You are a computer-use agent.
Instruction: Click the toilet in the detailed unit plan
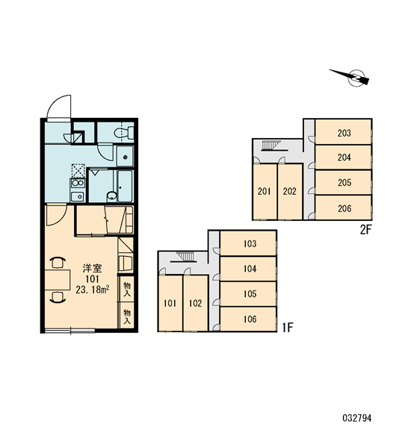pos(124,133)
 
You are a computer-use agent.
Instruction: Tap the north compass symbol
pos(351,77)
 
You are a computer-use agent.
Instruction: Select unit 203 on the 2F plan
pos(343,132)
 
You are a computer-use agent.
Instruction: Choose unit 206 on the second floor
pos(343,208)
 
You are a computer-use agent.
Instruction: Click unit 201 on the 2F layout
pos(265,191)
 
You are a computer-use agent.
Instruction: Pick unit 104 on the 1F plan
pos(248,269)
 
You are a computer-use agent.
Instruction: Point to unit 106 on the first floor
pos(248,319)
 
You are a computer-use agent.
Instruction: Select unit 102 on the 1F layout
pos(196,303)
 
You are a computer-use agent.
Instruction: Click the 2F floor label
pos(365,230)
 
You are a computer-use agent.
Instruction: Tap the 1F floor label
pos(288,328)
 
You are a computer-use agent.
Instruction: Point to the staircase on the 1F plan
pos(185,257)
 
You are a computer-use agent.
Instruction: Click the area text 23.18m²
pos(92,290)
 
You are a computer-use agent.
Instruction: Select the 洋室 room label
pos(92,268)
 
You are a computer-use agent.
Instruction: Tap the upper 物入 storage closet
pos(126,288)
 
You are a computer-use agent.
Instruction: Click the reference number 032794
pos(356,418)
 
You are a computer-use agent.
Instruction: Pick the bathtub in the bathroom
pos(125,186)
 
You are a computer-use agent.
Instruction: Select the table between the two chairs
pos(58,279)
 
